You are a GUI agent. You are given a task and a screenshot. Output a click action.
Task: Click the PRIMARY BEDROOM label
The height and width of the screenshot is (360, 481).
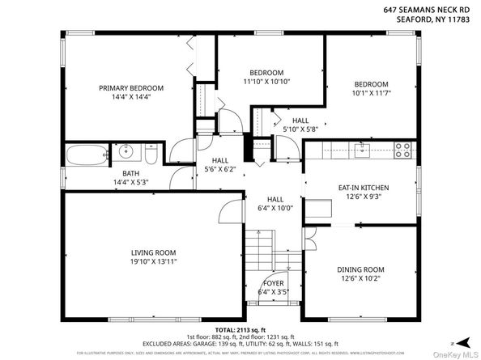pos(131,88)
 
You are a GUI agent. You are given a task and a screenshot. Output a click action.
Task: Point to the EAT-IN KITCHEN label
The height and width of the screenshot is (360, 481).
pos(360,188)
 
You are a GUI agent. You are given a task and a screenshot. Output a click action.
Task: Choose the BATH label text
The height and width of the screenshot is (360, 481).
pos(131,173)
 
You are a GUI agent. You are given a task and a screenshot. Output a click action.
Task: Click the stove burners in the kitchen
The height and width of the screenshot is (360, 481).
pos(402,148)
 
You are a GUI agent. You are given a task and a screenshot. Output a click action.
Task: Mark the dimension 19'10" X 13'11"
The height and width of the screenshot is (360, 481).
pos(154,263)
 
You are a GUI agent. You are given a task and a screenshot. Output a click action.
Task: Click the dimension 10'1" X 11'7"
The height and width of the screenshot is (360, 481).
pos(370,94)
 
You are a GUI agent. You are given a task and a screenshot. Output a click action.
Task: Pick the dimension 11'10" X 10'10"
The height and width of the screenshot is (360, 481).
pos(266,81)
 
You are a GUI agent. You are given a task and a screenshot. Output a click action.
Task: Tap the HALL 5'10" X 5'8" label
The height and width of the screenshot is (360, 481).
pos(300,124)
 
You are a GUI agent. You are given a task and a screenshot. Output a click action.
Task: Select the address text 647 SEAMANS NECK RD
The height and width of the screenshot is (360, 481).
pos(427,10)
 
